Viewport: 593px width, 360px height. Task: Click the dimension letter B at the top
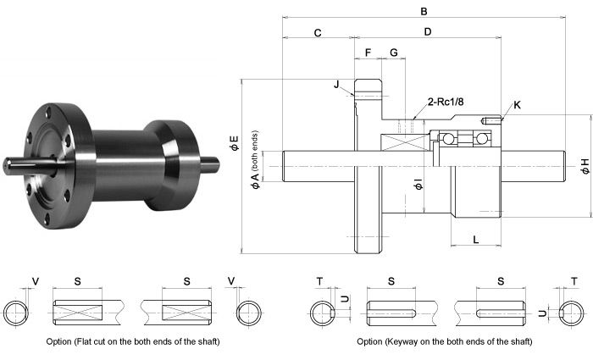[423, 11]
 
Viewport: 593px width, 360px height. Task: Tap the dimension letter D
[428, 32]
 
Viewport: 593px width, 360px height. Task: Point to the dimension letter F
[367, 53]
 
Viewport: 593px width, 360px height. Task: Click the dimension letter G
[393, 53]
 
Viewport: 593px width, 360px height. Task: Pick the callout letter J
[336, 84]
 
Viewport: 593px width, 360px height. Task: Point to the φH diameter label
[584, 166]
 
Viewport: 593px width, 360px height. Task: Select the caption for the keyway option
[445, 341]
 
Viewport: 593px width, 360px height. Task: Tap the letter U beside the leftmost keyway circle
[344, 300]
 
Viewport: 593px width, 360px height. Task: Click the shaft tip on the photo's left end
[10, 165]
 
